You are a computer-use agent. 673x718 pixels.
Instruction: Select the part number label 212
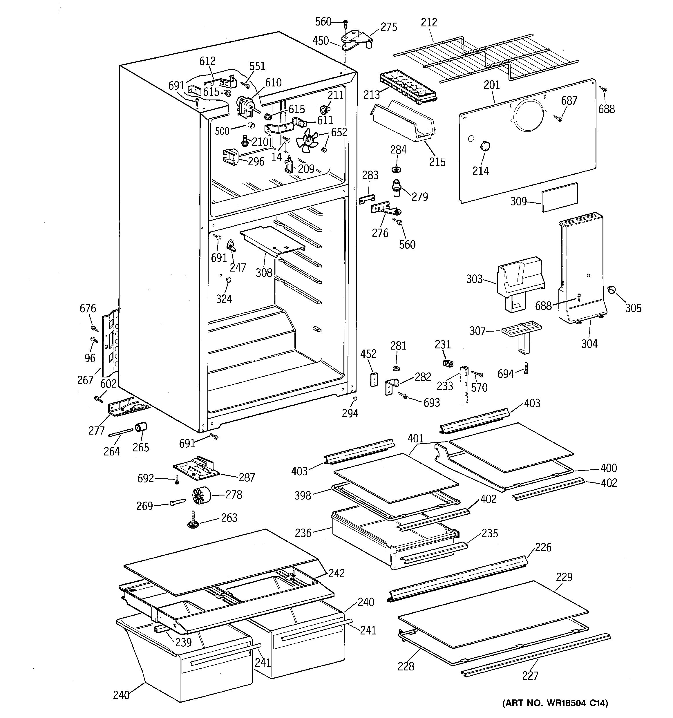point(429,23)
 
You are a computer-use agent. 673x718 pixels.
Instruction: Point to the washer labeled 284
point(398,169)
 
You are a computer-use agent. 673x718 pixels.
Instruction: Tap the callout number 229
point(564,577)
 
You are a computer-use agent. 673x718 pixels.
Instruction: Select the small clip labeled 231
point(448,362)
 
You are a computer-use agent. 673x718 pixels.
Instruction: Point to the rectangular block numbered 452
point(374,379)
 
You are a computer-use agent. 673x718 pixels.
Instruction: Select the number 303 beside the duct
point(474,279)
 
